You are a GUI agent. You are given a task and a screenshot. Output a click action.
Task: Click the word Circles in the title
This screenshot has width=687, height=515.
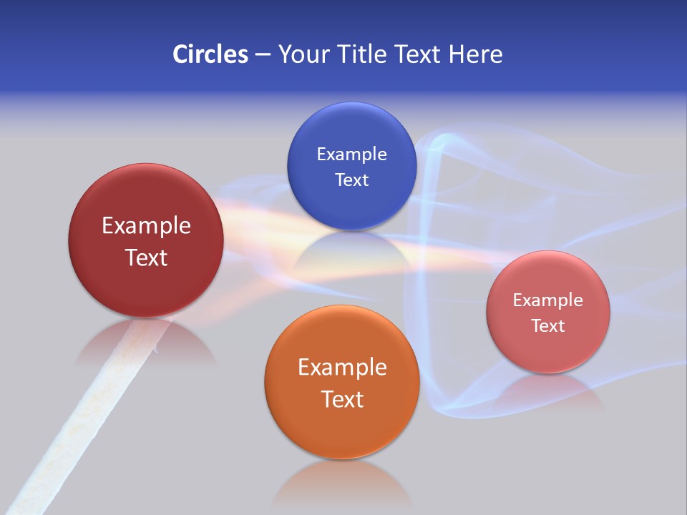[210, 54]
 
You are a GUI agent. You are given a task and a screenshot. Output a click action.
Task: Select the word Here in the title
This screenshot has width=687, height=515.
[475, 54]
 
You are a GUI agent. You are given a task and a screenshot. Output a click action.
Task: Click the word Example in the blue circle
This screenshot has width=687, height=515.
[351, 154]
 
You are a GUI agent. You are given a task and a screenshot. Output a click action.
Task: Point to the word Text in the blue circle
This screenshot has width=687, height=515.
[351, 180]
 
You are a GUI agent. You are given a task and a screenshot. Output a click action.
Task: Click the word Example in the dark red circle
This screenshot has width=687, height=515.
[146, 226]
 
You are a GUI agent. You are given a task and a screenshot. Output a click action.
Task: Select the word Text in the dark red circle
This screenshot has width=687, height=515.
[146, 257]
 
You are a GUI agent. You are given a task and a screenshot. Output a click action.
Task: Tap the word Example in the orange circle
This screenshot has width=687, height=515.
[342, 368]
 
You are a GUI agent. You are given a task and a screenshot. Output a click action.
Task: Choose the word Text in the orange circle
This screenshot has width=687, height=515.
[342, 399]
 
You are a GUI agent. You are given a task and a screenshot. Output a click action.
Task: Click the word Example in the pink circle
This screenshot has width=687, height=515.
[547, 300]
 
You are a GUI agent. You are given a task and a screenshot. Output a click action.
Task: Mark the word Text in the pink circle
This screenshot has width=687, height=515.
[547, 326]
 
